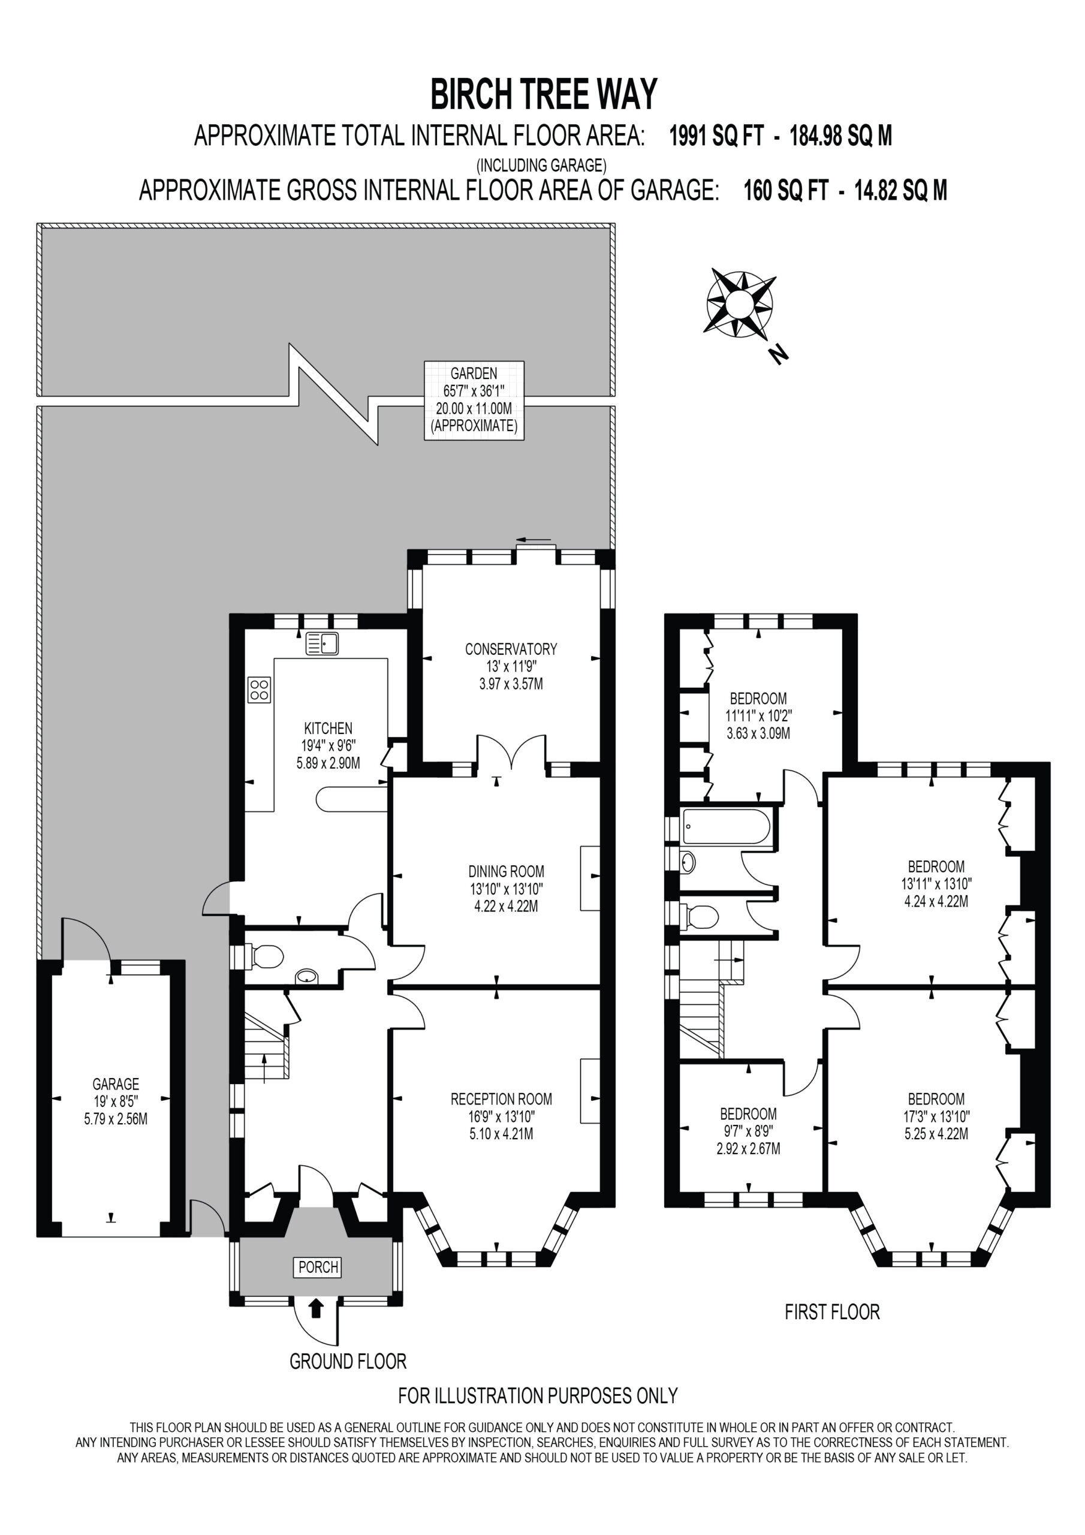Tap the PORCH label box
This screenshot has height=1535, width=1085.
click(x=318, y=1267)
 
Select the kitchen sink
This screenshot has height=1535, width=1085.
click(x=323, y=644)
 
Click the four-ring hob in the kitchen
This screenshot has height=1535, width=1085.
click(x=260, y=690)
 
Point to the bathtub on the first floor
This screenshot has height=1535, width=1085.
click(x=725, y=827)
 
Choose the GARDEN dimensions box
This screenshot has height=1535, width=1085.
click(x=474, y=401)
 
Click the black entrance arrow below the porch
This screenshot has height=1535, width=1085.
click(x=317, y=1308)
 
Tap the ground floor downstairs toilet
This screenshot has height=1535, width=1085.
click(x=266, y=956)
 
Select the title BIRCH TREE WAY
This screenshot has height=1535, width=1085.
click(x=544, y=94)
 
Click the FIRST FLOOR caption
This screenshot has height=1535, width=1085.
click(x=832, y=1312)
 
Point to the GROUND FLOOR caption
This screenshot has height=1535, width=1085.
click(x=348, y=1361)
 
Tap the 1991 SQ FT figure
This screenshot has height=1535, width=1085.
click(x=716, y=136)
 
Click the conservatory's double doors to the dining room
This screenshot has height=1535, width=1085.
click(x=511, y=751)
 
